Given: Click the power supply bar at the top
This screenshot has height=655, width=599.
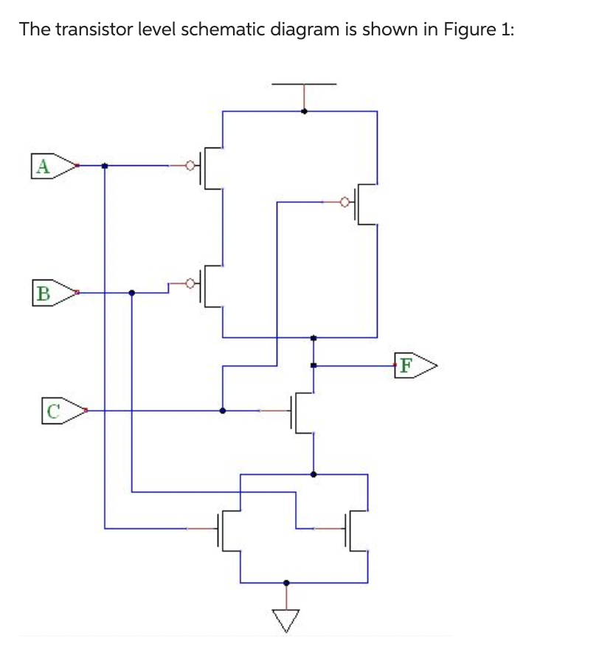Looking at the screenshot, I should click(304, 85).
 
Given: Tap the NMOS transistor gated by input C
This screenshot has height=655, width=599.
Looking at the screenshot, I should click(302, 412).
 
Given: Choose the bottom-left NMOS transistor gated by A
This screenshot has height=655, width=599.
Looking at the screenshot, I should click(226, 529).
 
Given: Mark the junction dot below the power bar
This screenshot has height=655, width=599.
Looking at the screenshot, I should click(304, 111).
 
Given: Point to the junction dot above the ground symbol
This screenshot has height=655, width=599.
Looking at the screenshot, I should click(286, 583).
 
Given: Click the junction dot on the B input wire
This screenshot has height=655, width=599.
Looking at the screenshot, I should click(132, 293).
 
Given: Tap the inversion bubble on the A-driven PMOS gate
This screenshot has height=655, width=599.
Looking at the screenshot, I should click(190, 166).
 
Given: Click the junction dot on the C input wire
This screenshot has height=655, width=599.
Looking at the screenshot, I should click(223, 410).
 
